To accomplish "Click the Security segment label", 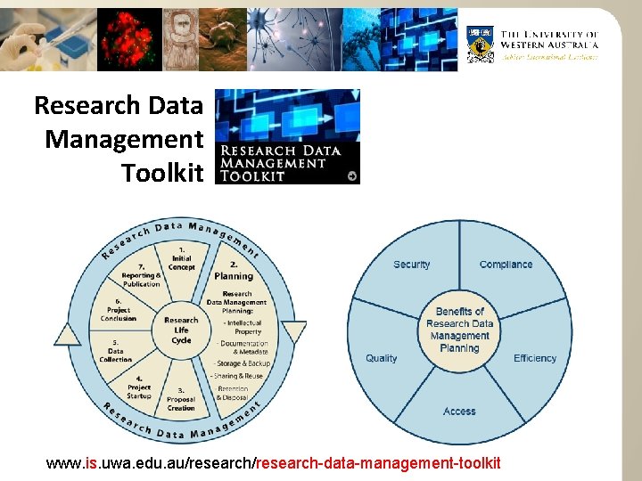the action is pyautogui.click(x=411, y=265).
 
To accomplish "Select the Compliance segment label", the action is pyautogui.click(x=506, y=265).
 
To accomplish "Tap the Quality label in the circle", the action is pyautogui.click(x=381, y=358).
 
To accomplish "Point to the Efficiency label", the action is pyautogui.click(x=535, y=358).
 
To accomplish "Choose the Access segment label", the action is pyautogui.click(x=459, y=412).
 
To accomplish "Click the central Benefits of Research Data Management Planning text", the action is pyautogui.click(x=459, y=330).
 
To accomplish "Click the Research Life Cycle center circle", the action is pyautogui.click(x=181, y=330).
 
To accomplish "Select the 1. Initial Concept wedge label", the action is pyautogui.click(x=181, y=258).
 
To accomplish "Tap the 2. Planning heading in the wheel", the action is pyautogui.click(x=234, y=270).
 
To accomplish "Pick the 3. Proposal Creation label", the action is pyautogui.click(x=181, y=399).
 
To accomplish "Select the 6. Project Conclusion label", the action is pyautogui.click(x=119, y=309).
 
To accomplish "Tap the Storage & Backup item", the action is pyautogui.click(x=243, y=363).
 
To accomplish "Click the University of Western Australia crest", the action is pyautogui.click(x=481, y=44).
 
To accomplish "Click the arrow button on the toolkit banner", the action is pyautogui.click(x=353, y=175).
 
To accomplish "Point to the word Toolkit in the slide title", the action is pyautogui.click(x=162, y=173).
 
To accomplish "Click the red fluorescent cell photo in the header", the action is pyautogui.click(x=131, y=39).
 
